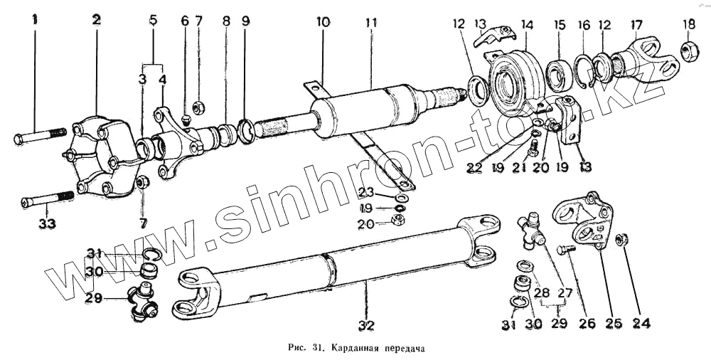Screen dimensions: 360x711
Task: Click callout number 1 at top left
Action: pos(33,21)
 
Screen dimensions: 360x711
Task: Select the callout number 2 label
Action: pos(96,21)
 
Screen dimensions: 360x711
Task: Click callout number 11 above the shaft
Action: pos(370,23)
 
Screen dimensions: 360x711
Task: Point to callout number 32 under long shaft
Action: pos(366,326)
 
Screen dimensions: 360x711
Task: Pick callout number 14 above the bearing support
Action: pos(527,25)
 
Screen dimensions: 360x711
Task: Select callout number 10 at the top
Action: pos(323,22)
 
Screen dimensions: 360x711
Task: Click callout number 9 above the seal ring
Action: pos(245,21)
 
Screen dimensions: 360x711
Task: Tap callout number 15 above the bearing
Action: pos(560,25)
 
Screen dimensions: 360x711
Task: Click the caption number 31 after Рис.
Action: pos(313,349)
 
